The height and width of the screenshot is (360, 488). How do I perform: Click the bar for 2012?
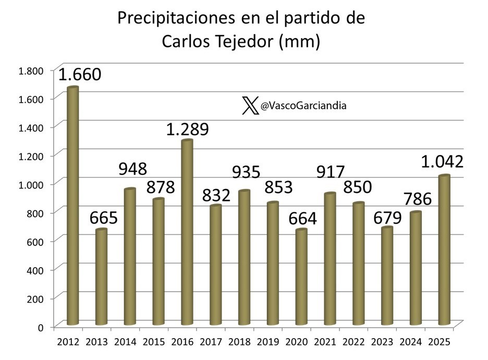[72, 206]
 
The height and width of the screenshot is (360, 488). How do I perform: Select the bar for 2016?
[187, 233]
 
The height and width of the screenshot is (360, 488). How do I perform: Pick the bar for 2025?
[444, 250]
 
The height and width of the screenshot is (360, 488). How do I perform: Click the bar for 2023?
[387, 276]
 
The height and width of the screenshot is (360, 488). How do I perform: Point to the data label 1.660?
[79, 75]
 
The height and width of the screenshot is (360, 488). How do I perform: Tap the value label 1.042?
[443, 162]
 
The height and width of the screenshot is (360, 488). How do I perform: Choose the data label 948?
[132, 169]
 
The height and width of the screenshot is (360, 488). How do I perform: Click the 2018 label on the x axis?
[239, 342]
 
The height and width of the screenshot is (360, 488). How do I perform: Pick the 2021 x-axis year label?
[325, 342]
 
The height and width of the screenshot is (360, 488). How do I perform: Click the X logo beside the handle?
[250, 106]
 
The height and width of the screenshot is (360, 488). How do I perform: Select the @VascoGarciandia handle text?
[303, 106]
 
